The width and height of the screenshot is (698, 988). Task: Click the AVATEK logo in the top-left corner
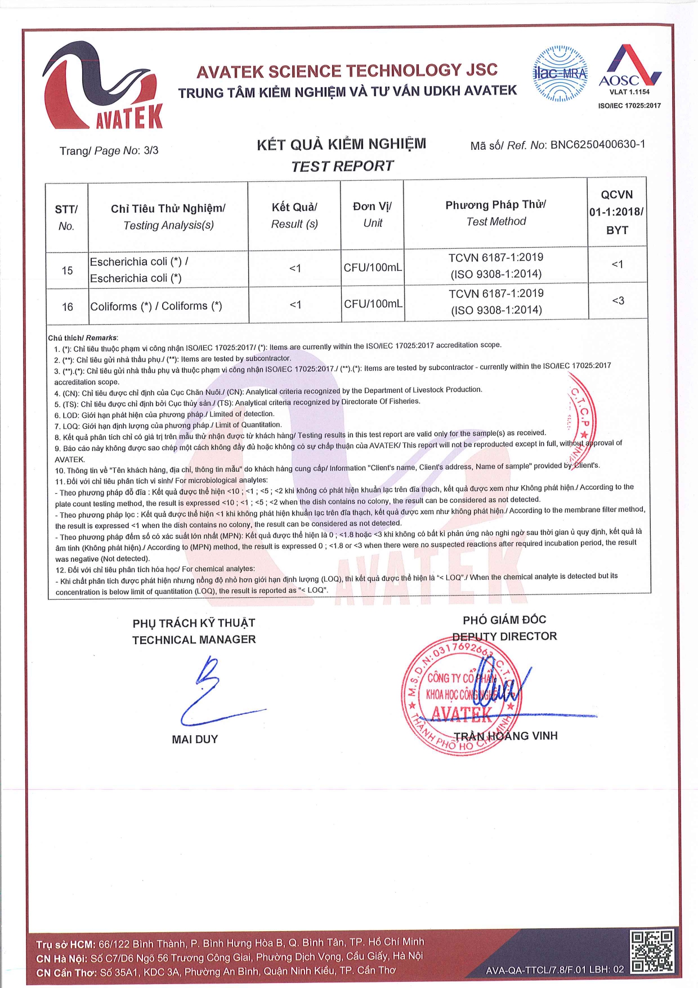(x=102, y=86)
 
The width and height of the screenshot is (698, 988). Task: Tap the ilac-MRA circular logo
(x=560, y=74)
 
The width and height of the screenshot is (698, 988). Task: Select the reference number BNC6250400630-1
(x=597, y=145)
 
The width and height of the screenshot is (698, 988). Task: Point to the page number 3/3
(x=151, y=150)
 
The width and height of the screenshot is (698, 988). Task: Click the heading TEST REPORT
(x=342, y=167)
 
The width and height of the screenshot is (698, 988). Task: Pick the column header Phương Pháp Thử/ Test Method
(x=495, y=213)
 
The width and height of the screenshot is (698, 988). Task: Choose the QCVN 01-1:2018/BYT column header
(x=617, y=212)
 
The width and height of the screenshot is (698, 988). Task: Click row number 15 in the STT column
(x=67, y=271)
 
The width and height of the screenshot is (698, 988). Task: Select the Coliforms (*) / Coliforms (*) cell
(x=156, y=306)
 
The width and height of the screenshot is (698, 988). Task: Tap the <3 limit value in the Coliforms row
(x=618, y=301)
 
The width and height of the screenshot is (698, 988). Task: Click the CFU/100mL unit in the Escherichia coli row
(x=373, y=267)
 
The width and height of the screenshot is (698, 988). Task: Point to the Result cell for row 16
(x=295, y=305)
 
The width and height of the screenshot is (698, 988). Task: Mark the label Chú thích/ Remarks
(x=83, y=338)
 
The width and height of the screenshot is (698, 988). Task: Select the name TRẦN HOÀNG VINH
(x=505, y=736)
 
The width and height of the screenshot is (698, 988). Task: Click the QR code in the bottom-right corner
(x=651, y=951)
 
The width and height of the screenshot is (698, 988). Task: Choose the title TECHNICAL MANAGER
(x=194, y=640)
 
